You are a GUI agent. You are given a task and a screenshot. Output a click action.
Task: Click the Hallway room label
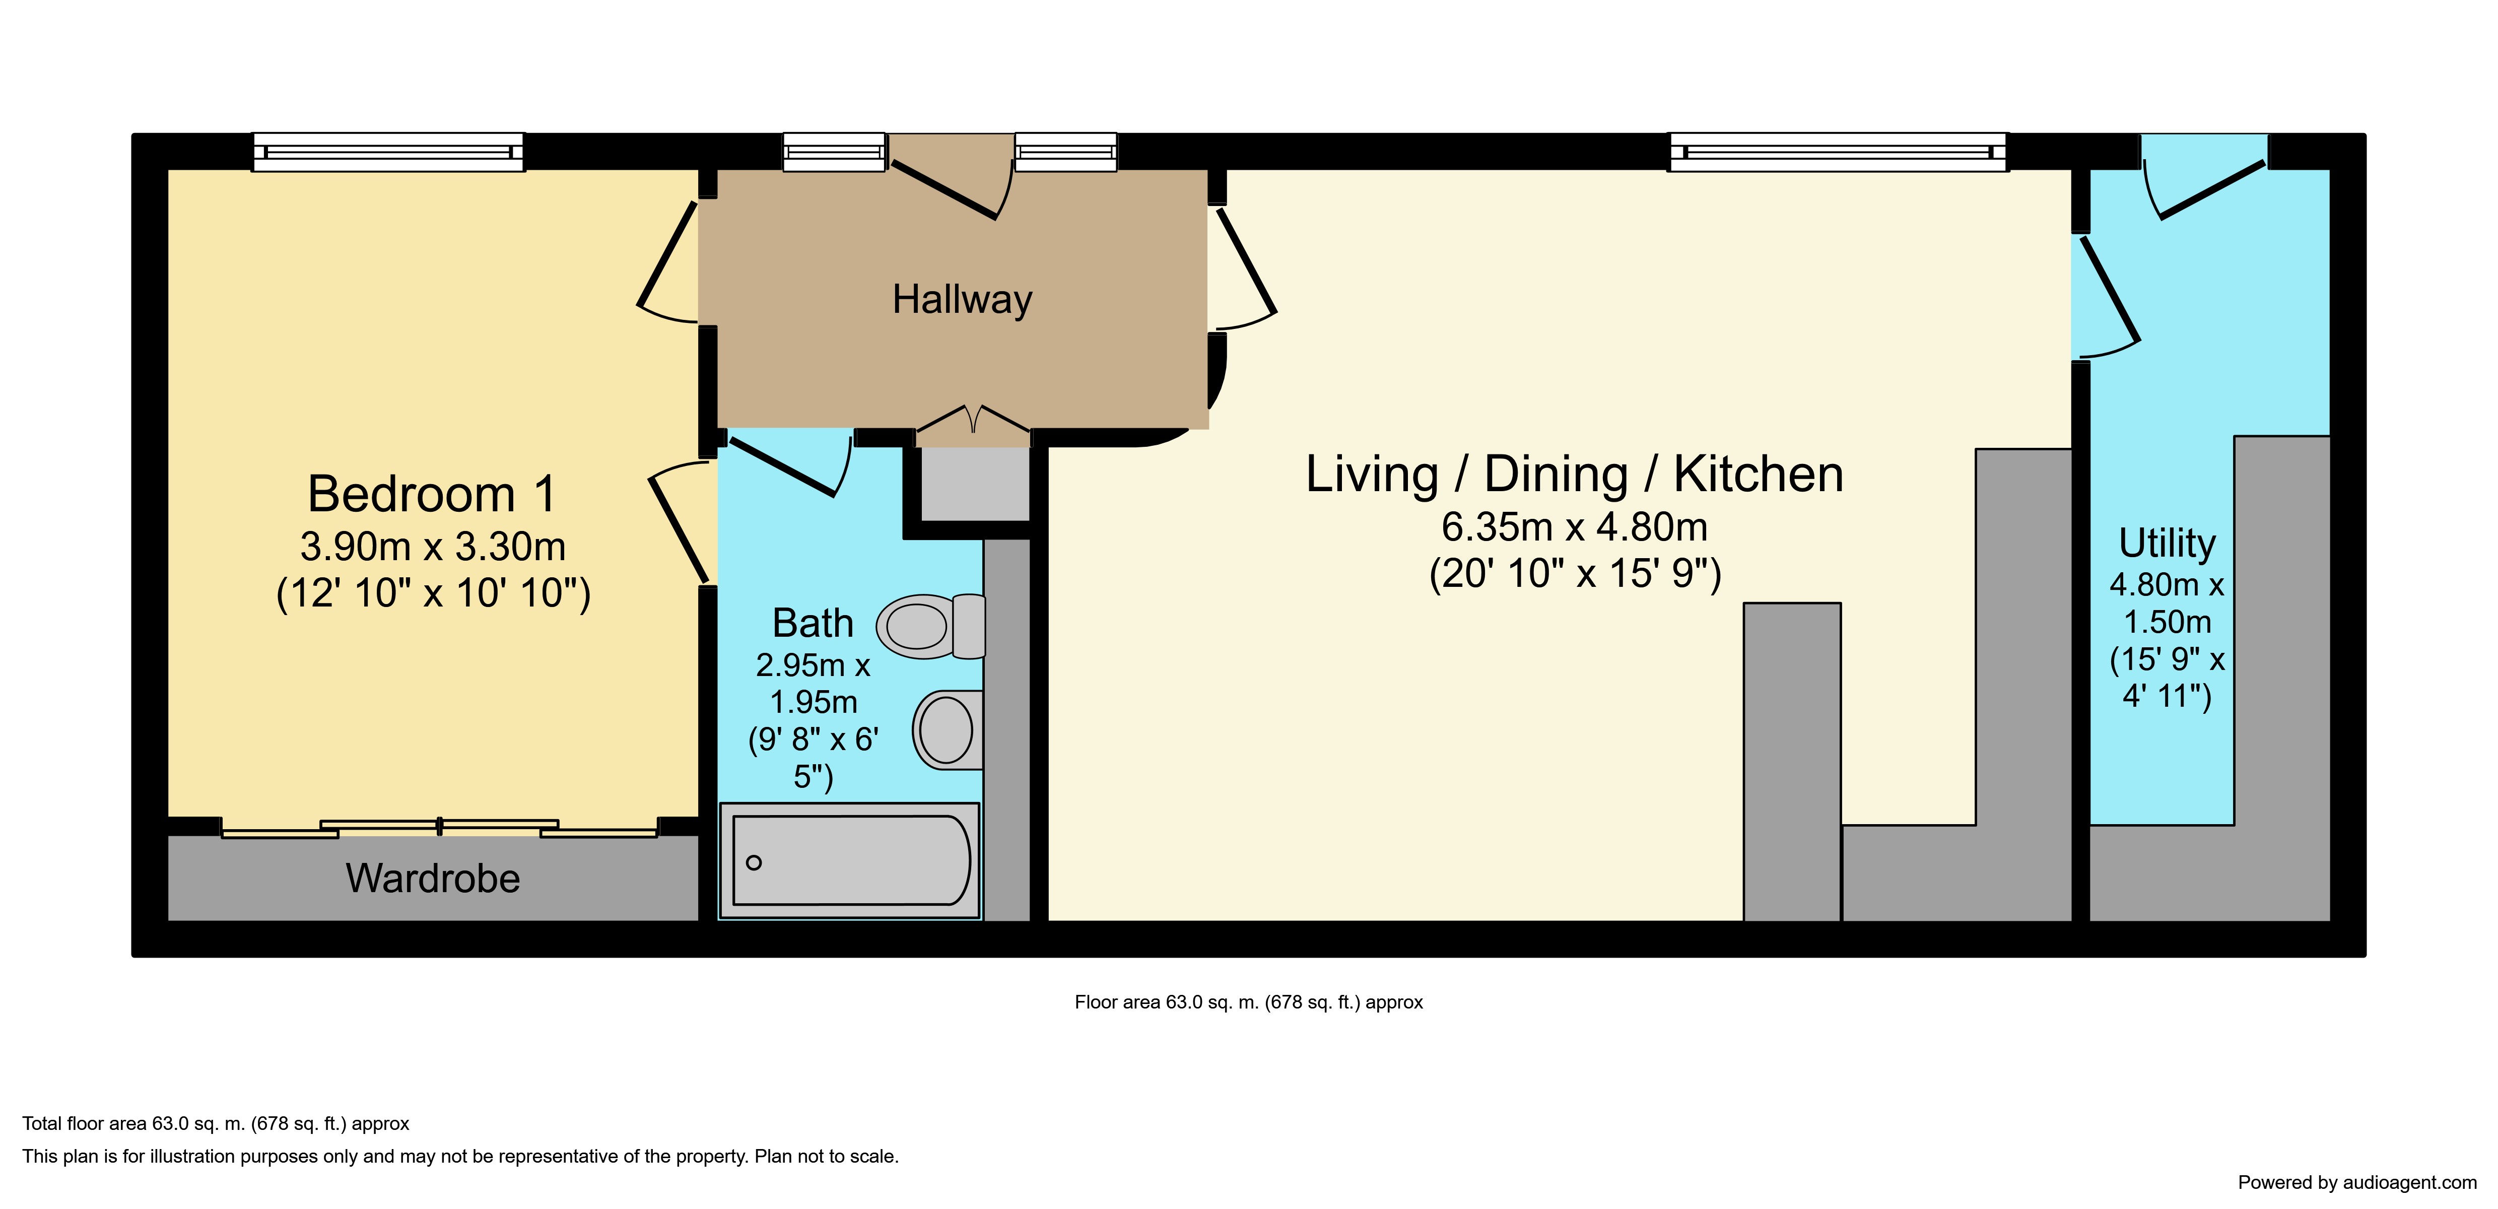[x=962, y=300]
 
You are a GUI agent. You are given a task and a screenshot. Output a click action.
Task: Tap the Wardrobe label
[x=433, y=879]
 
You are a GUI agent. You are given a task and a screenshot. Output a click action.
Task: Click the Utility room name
[x=2168, y=543]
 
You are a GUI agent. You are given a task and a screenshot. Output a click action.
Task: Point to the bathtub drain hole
[x=754, y=862]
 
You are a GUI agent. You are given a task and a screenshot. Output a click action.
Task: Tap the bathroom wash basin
[x=948, y=729]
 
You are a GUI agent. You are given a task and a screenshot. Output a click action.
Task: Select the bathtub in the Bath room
[x=849, y=860]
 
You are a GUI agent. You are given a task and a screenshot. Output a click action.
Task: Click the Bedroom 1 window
[x=388, y=152]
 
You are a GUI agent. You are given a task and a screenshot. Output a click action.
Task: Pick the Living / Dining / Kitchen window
[x=1838, y=152]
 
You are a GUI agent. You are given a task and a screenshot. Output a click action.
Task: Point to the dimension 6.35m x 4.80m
[x=1574, y=526]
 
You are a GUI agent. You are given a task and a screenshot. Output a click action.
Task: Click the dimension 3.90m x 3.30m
[x=433, y=547]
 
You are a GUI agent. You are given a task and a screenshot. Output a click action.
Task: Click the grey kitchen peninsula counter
[x=1792, y=761]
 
